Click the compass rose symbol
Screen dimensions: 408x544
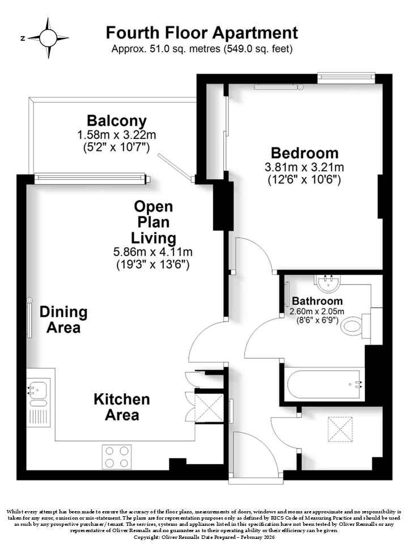click(48, 38)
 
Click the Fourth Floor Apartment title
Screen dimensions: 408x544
click(202, 33)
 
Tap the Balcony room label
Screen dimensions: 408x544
click(117, 121)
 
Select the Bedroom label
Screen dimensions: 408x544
click(304, 153)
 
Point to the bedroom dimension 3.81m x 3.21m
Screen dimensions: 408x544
click(304, 167)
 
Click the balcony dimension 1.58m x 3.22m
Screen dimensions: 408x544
click(117, 135)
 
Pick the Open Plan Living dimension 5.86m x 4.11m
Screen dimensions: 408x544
click(153, 252)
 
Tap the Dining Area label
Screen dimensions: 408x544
click(63, 320)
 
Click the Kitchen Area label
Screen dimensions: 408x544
click(122, 407)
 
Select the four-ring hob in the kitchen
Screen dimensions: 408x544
click(117, 457)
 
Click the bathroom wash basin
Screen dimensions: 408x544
click(328, 283)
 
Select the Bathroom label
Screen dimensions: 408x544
click(317, 301)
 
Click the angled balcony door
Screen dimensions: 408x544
click(176, 168)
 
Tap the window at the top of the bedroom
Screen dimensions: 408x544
click(346, 77)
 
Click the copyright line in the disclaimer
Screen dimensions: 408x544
click(204, 537)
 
